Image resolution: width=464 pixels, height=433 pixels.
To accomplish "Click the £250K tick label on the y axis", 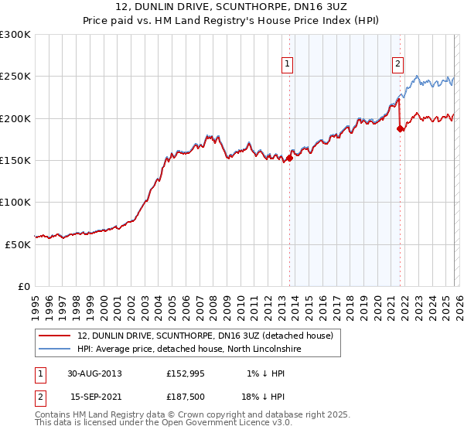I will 15,77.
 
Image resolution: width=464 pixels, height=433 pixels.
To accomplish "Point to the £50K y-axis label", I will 18,244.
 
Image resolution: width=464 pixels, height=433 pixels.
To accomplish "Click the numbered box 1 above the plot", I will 287,65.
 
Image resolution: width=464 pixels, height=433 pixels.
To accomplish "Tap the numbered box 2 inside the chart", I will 397,65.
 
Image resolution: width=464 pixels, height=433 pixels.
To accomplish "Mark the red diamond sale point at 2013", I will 289,159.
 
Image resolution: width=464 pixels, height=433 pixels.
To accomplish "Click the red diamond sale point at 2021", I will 400,129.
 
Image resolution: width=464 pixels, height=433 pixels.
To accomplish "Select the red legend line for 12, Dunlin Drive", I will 54,336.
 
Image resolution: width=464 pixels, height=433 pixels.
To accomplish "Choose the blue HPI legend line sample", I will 54,349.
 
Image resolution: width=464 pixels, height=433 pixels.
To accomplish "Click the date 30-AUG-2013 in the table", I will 94,373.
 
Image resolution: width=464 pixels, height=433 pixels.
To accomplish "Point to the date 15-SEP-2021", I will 94,397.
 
